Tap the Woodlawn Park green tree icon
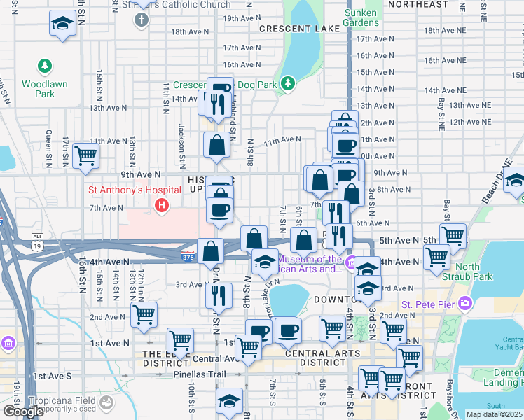(45, 66)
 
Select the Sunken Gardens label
(361, 17)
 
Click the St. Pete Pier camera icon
(465, 304)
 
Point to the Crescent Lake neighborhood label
(299, 29)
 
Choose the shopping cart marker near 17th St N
(85, 155)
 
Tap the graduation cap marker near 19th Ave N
(63, 23)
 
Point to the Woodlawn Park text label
(45, 89)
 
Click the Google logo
(23, 412)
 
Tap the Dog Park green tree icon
(287, 85)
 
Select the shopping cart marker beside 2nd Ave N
(144, 316)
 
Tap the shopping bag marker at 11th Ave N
(217, 145)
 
